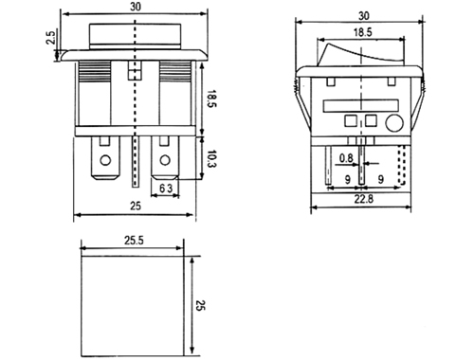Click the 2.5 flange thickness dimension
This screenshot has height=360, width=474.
51,37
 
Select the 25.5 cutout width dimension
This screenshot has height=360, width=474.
134,241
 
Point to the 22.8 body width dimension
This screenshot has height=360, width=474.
363,199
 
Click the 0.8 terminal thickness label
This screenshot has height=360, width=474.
346,158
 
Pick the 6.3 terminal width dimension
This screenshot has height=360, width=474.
166,189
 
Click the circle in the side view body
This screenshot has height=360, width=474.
394,123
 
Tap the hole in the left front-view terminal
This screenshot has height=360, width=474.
105,160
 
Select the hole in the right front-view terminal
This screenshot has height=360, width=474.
165,160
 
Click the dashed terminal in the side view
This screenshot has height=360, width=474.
402,165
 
